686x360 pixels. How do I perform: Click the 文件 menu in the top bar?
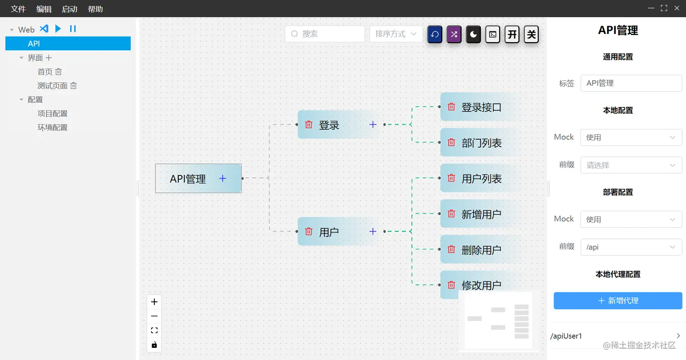(18, 9)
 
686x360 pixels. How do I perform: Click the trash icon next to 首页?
(59, 72)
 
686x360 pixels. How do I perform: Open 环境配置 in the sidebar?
(53, 127)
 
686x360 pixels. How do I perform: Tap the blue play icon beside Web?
(58, 29)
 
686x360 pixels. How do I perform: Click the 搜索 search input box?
(325, 34)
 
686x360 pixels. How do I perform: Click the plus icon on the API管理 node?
(223, 179)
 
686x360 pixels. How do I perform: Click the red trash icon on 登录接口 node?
(451, 107)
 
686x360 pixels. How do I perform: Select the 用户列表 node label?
(481, 179)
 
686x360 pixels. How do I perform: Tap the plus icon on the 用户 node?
(373, 232)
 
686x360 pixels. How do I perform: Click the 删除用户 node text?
(481, 250)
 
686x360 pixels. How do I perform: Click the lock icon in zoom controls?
(154, 345)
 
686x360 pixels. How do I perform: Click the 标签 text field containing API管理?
(631, 83)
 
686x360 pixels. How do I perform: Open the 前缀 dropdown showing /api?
(631, 248)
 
